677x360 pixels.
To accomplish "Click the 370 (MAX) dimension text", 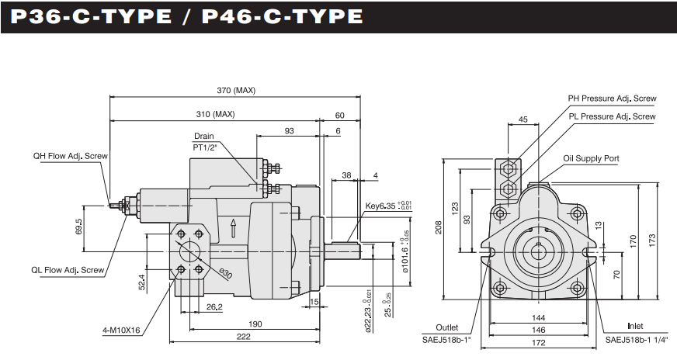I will point(235,91).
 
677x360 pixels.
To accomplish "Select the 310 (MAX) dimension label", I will point(215,115).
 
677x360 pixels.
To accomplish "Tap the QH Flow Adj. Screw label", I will point(70,156).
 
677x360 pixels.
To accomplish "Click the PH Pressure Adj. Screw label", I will point(612,99).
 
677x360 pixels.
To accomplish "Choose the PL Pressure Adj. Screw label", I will point(612,116).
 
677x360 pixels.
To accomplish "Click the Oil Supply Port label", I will point(592,158).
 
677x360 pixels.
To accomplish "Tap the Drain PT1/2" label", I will point(204,141).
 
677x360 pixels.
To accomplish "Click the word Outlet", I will point(448,327).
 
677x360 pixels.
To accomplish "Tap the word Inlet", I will point(635,327).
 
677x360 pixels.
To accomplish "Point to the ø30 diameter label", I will point(226,272).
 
